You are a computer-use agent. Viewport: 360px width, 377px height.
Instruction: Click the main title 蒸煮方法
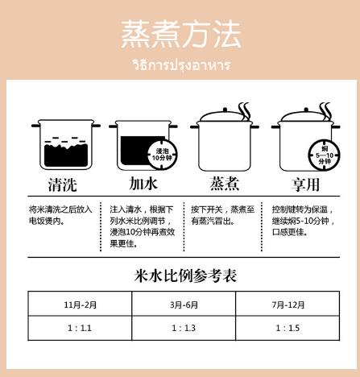point(181,34)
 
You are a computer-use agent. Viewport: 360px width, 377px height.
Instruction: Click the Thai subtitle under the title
point(182,65)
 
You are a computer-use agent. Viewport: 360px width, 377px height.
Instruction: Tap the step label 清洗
point(63,184)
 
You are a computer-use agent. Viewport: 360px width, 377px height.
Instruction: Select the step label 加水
point(143,184)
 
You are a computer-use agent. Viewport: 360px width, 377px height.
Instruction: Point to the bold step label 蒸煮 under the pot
point(225,184)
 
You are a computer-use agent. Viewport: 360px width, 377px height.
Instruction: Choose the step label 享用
point(305,184)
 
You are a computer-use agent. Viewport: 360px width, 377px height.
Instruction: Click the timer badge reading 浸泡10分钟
point(162,155)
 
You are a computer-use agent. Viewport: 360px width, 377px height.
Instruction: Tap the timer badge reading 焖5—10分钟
point(324,155)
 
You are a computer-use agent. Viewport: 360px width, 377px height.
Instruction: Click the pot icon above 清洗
point(66,144)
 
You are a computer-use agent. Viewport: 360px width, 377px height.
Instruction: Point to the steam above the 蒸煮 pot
point(245,111)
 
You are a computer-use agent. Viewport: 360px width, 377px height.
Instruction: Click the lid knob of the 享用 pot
point(306,110)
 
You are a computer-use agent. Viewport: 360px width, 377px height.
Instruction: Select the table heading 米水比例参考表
point(185,275)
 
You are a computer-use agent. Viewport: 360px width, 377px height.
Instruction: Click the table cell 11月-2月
point(80,304)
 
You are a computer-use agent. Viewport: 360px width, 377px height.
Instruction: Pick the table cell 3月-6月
point(184,304)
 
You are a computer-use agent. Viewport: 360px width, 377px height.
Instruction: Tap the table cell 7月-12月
point(288,304)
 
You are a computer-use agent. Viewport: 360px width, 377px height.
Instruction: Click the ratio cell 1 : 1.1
point(80,328)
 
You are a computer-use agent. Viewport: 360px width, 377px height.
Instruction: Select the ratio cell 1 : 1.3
point(184,328)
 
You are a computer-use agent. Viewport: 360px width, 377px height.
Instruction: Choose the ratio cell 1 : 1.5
point(288,328)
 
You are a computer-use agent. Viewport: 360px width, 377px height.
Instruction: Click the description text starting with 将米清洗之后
point(60,215)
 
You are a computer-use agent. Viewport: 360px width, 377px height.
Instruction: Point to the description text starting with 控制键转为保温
point(304,221)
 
